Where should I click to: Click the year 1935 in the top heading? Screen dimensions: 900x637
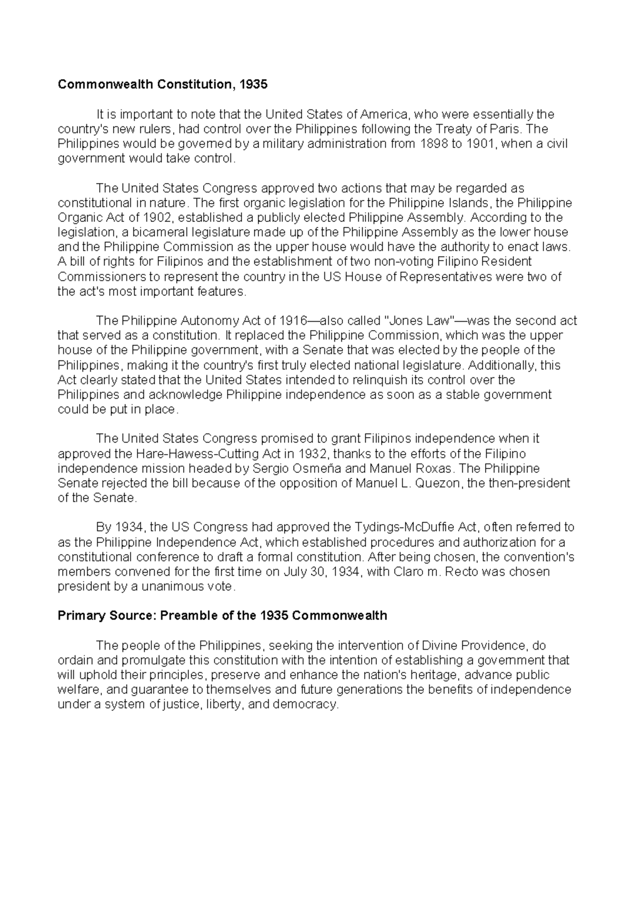[254, 84]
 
